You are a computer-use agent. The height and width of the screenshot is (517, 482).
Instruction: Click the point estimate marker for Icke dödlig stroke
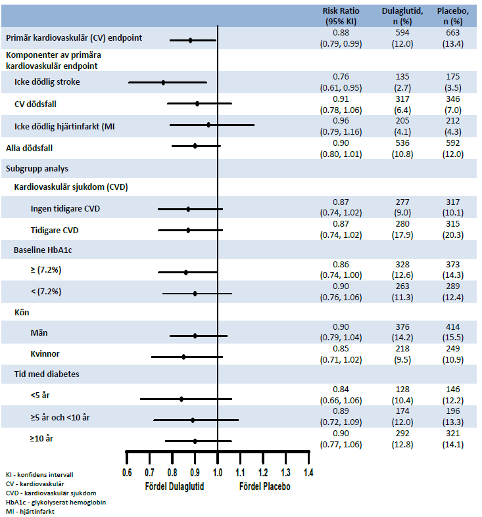[x=163, y=83]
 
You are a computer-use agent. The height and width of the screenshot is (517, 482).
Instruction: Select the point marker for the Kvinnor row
[x=183, y=357]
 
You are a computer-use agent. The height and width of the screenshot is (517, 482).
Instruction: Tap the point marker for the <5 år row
[x=181, y=399]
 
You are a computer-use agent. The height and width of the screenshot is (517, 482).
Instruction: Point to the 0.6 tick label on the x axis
[x=127, y=472]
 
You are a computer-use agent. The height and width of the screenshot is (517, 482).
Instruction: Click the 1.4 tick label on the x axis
[x=308, y=472]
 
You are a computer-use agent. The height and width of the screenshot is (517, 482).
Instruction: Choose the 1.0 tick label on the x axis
[x=218, y=472]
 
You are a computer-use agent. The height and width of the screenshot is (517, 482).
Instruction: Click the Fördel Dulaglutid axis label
[x=174, y=487]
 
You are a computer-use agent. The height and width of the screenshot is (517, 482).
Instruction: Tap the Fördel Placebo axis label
[x=264, y=487]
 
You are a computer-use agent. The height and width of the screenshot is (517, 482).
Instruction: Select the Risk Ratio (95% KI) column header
[x=340, y=16]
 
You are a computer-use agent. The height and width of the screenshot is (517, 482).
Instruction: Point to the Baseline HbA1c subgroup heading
[x=43, y=250]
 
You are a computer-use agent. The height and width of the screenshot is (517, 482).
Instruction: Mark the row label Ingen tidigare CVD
[x=65, y=209]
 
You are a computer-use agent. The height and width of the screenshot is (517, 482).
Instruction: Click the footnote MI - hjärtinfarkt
[x=30, y=512]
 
